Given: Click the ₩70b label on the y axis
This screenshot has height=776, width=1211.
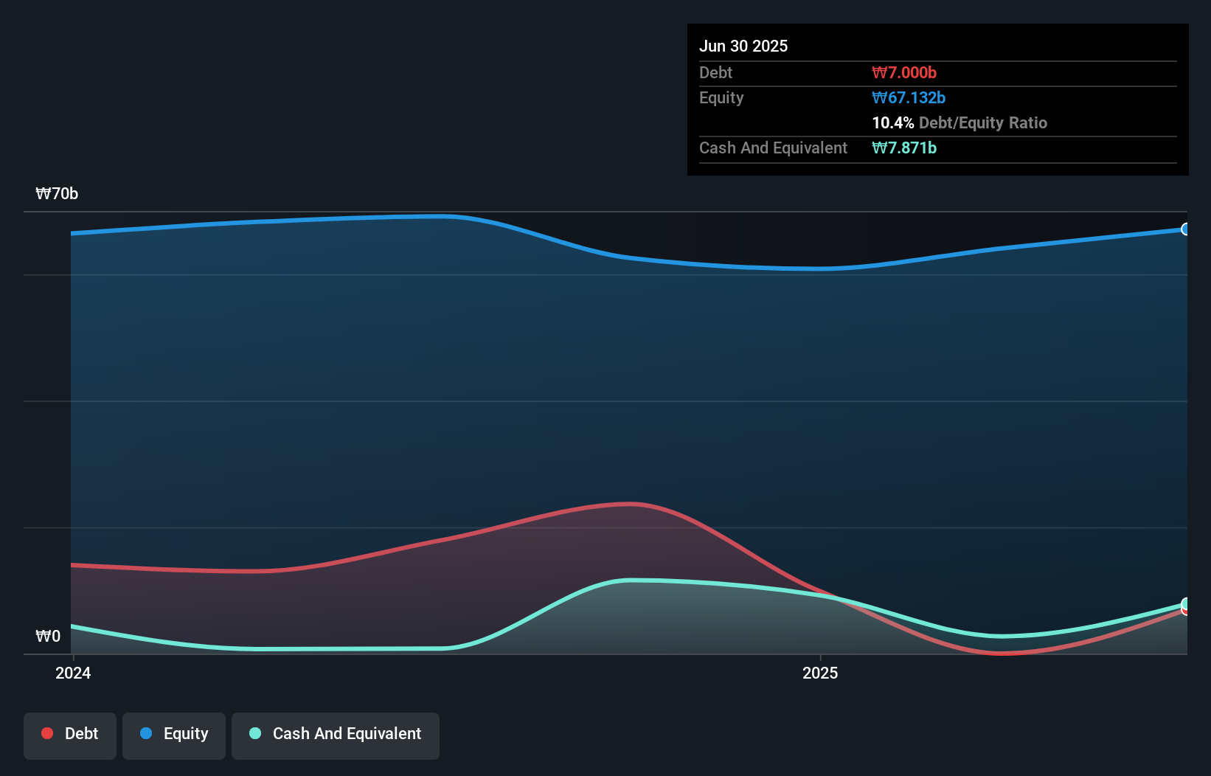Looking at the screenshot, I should click(x=57, y=194).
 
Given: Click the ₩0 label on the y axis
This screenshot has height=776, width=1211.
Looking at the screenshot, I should click(x=48, y=636).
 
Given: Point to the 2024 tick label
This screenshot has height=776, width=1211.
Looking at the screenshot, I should click(x=73, y=673).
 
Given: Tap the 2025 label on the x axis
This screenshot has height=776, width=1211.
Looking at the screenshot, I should click(x=820, y=673).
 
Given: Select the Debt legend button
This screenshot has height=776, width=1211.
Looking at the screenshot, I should click(x=70, y=734).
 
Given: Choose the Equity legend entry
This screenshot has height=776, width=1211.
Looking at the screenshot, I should click(x=174, y=734).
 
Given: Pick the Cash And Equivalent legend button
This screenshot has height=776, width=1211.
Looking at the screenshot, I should click(x=336, y=734).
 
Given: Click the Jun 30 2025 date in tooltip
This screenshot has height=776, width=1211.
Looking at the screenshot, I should click(x=743, y=46).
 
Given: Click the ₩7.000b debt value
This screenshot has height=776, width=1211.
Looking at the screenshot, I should click(x=904, y=72).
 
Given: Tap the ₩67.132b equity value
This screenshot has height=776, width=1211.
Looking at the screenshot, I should click(x=909, y=97).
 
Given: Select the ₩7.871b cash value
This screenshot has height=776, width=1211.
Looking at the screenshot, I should click(x=904, y=148).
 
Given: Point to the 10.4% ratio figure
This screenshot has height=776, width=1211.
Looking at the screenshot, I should click(x=892, y=122).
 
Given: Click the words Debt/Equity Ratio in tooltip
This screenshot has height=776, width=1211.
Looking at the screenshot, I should click(x=983, y=122).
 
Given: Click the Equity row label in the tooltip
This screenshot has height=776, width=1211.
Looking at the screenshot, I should click(x=721, y=97).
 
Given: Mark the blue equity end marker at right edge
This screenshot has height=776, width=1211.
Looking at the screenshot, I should click(x=1186, y=229).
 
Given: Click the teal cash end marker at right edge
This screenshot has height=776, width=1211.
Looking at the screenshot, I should click(x=1186, y=603).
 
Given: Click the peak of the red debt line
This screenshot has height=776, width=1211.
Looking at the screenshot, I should click(x=631, y=504).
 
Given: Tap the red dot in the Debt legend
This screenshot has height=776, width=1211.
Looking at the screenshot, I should click(x=47, y=733).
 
